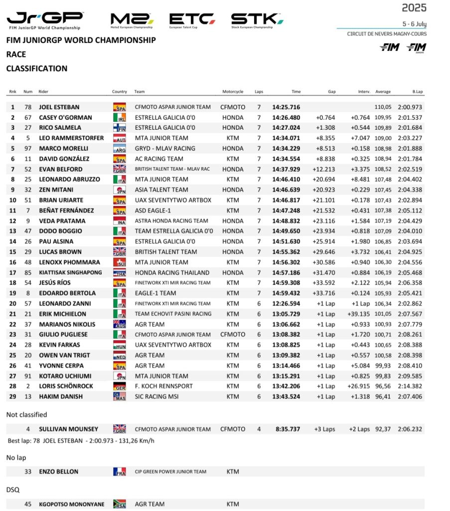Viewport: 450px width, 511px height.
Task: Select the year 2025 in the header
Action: click(414, 7)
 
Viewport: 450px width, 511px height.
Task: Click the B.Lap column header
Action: click(418, 92)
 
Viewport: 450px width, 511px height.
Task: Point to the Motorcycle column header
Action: click(233, 92)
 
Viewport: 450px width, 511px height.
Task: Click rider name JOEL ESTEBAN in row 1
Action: click(59, 107)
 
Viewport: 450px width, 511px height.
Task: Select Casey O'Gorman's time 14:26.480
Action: click(287, 118)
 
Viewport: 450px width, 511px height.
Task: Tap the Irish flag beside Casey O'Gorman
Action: click(120, 118)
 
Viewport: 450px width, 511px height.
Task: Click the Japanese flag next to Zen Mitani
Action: click(120, 190)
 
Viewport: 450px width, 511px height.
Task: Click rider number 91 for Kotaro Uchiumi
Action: click(28, 376)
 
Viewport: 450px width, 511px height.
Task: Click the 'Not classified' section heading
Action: click(26, 415)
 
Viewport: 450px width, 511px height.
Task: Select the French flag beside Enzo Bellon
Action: click(120, 472)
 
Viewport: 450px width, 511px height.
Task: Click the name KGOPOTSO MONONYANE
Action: click(72, 505)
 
